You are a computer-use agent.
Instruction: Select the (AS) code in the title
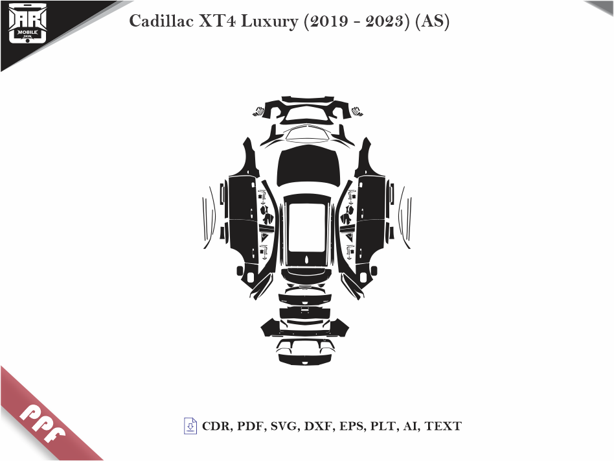coord(433,21)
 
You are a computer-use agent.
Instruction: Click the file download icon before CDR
coord(190,426)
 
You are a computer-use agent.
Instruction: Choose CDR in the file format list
coord(217,427)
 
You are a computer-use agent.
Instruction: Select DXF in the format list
coord(315,427)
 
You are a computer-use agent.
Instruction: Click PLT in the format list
coord(381,427)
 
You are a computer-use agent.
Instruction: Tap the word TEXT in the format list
coord(443,427)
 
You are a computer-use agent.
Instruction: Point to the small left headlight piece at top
coord(258,110)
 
